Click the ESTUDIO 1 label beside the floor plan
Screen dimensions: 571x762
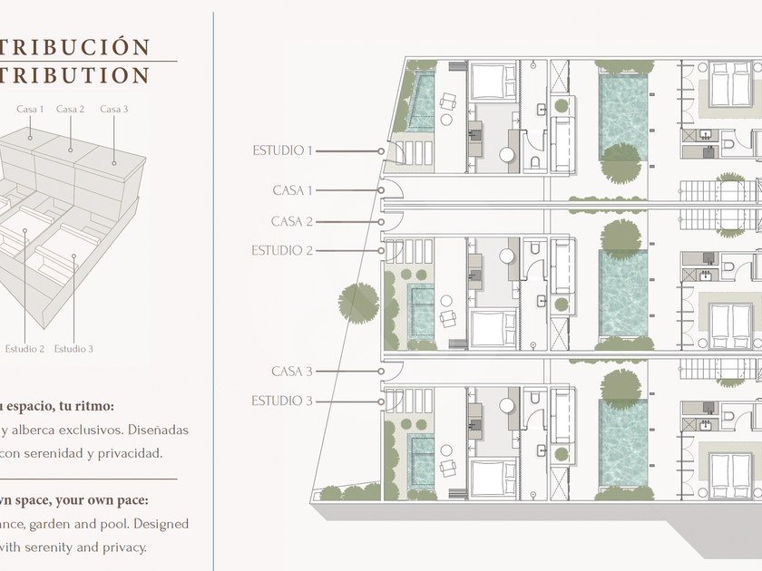tap(282, 150)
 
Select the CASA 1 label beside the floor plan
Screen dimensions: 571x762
tap(293, 190)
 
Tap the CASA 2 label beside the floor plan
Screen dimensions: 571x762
tap(292, 221)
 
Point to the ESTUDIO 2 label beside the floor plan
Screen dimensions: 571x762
tap(282, 250)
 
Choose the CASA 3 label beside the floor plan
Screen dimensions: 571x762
tap(292, 372)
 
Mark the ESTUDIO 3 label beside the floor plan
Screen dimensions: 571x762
tap(282, 401)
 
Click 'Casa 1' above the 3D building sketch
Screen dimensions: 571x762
tap(30, 110)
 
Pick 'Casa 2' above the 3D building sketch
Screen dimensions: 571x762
tap(71, 110)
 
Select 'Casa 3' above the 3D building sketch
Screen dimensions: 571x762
tap(114, 110)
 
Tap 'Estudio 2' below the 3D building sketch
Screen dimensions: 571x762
tap(24, 349)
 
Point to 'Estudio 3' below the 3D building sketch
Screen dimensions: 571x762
tap(73, 349)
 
